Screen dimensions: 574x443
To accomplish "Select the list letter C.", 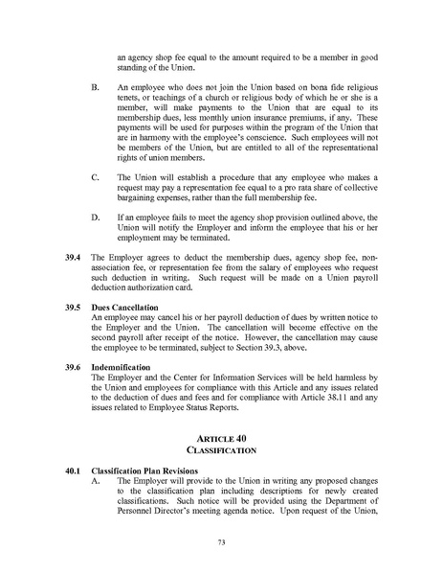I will point(94,177).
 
